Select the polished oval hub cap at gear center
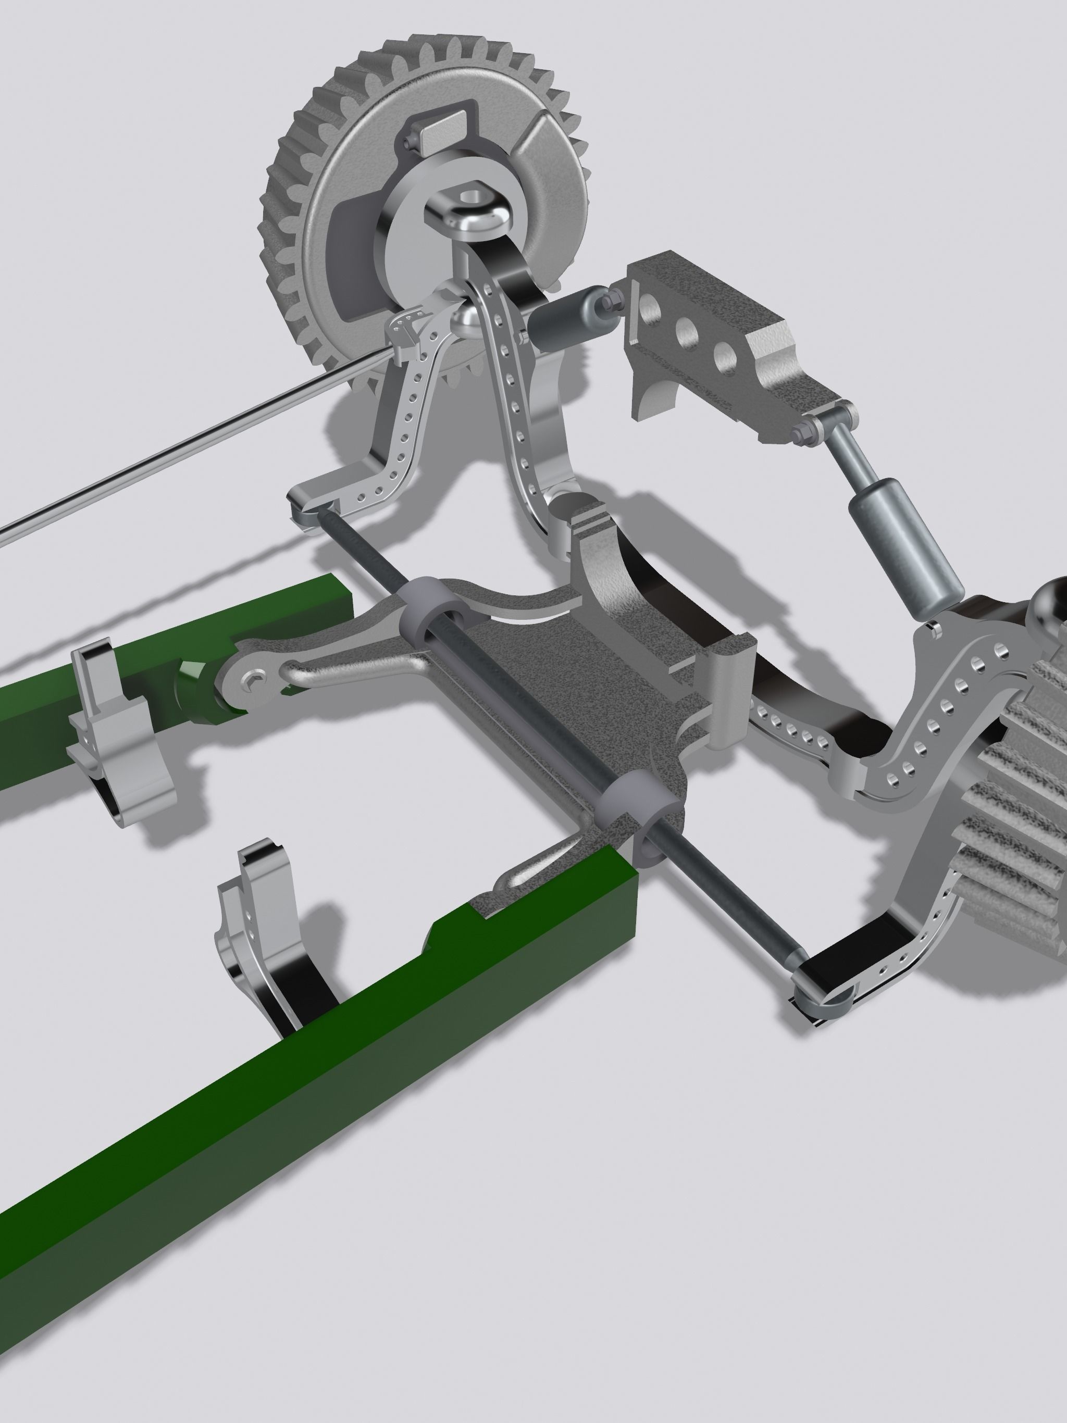point(473,216)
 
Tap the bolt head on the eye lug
point(253,681)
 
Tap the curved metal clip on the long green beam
point(270,965)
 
